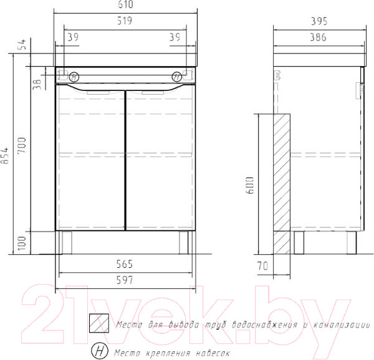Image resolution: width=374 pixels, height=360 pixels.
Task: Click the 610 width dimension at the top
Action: pyautogui.click(x=127, y=5)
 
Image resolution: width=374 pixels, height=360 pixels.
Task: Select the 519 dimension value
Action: pyautogui.click(x=127, y=21)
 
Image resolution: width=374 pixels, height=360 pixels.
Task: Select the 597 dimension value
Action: pyautogui.click(x=127, y=280)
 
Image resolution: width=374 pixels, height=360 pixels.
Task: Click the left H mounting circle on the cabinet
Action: pyautogui.click(x=74, y=77)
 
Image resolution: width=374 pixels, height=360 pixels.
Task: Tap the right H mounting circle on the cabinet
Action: pyautogui.click(x=178, y=77)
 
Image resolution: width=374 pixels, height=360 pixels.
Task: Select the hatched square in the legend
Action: pyautogui.click(x=98, y=323)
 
